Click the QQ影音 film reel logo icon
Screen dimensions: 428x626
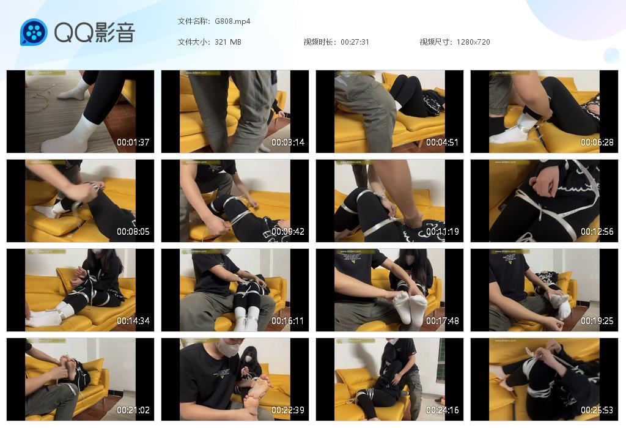34,32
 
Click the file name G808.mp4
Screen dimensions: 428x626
232,21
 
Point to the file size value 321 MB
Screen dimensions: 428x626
228,42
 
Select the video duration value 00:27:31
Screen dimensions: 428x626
355,42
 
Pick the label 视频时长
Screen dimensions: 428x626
319,42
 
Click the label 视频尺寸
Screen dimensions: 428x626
435,42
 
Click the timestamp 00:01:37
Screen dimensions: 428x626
133,142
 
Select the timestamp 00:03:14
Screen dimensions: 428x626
288,142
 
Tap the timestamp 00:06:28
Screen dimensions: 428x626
597,142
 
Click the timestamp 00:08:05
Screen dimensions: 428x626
133,232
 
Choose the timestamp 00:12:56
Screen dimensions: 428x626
597,232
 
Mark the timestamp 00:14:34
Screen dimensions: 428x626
133,321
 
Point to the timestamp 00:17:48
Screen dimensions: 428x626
443,321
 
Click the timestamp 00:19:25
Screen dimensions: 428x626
597,321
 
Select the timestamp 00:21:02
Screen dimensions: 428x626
133,410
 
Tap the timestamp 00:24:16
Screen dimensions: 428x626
443,410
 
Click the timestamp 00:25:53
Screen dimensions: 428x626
597,410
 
